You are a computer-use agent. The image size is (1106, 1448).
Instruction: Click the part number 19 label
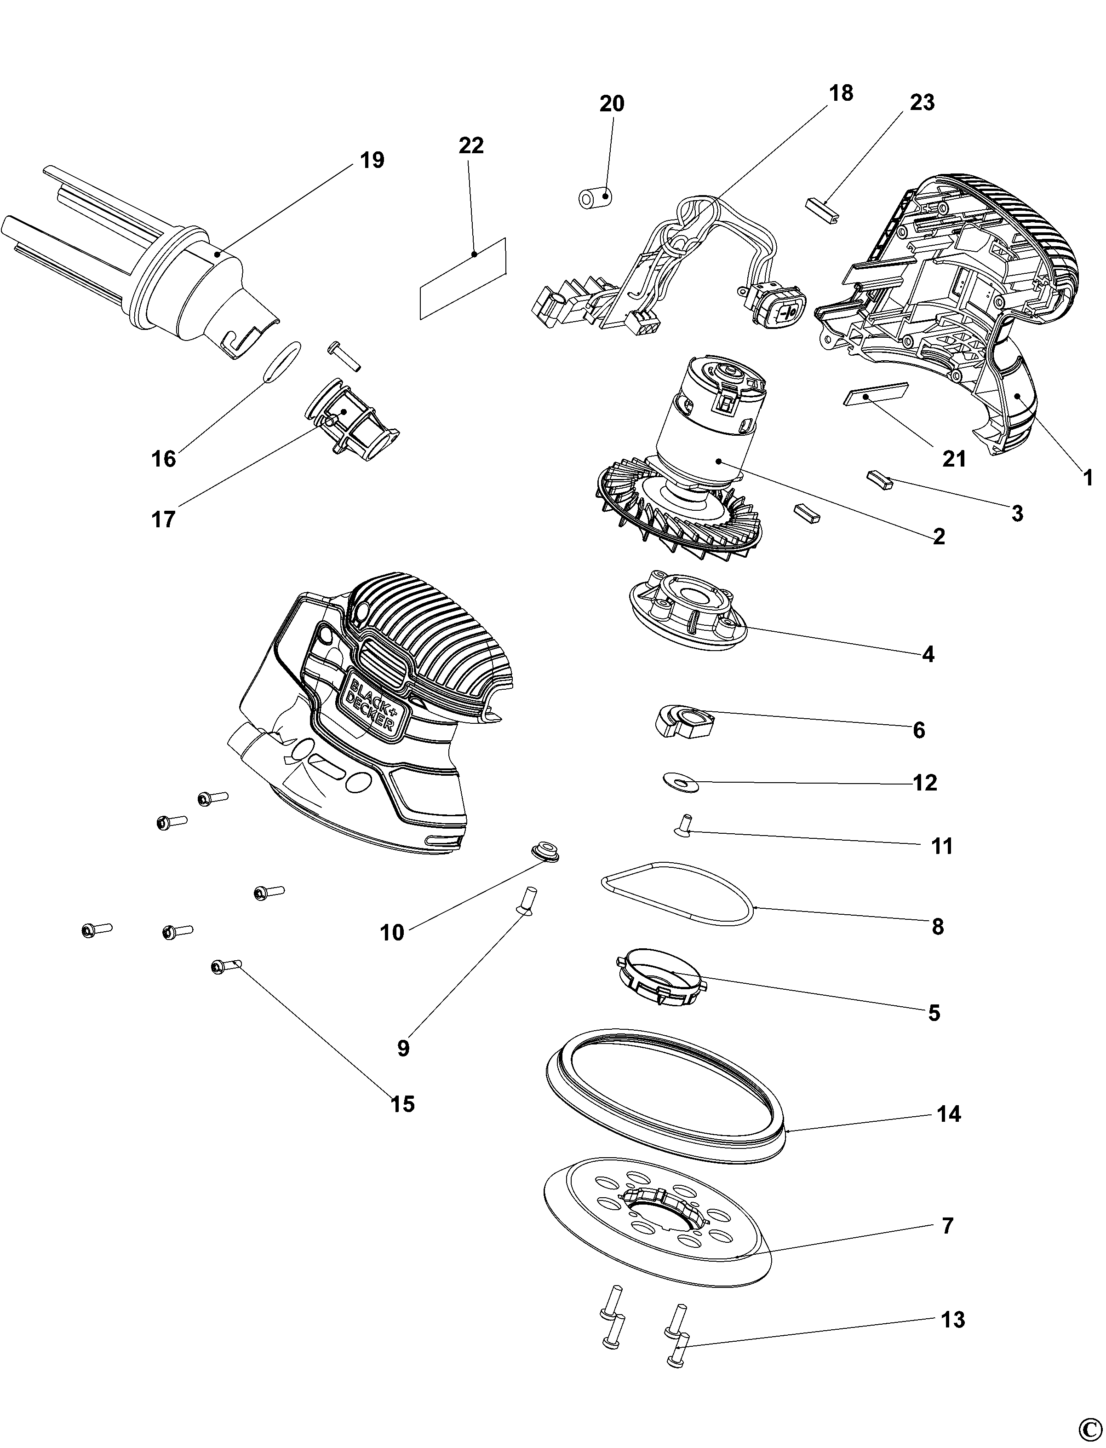372,160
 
